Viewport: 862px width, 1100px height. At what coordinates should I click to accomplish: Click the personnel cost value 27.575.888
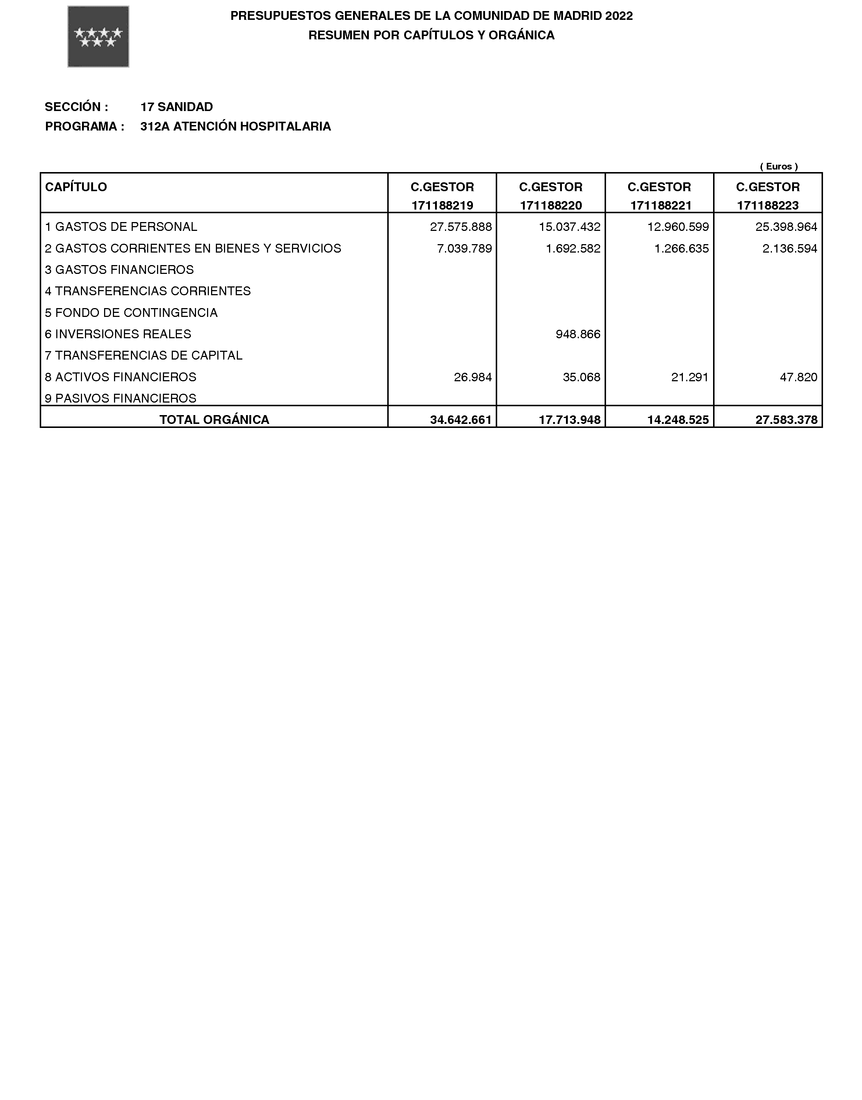coord(460,227)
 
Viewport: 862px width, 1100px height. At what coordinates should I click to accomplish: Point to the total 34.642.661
coord(460,420)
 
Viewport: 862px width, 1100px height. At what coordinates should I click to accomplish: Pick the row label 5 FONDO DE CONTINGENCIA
coord(131,313)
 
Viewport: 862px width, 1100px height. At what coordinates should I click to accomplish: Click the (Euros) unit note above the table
coord(779,166)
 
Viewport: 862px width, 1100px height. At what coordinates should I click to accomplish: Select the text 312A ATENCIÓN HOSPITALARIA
coord(235,126)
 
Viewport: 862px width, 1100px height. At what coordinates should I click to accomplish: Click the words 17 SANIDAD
coord(176,107)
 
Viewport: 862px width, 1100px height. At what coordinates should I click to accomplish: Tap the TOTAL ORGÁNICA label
coord(214,420)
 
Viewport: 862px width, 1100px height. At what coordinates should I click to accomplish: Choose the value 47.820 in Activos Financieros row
coord(798,377)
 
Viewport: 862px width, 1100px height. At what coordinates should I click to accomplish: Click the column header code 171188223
coord(767,206)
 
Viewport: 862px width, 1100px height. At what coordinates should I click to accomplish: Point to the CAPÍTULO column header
coord(76,187)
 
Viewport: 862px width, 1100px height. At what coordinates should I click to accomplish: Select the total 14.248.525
coord(678,420)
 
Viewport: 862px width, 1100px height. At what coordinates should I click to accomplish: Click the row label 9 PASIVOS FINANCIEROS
coord(121,398)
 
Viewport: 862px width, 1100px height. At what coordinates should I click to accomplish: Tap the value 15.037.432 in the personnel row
coord(569,227)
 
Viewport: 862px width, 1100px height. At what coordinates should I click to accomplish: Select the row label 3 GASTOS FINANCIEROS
coord(119,270)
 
